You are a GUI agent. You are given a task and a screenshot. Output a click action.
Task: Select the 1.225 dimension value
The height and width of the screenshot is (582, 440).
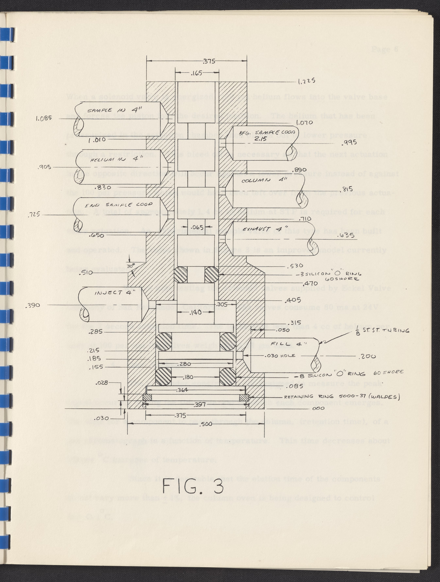pos(306,81)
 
